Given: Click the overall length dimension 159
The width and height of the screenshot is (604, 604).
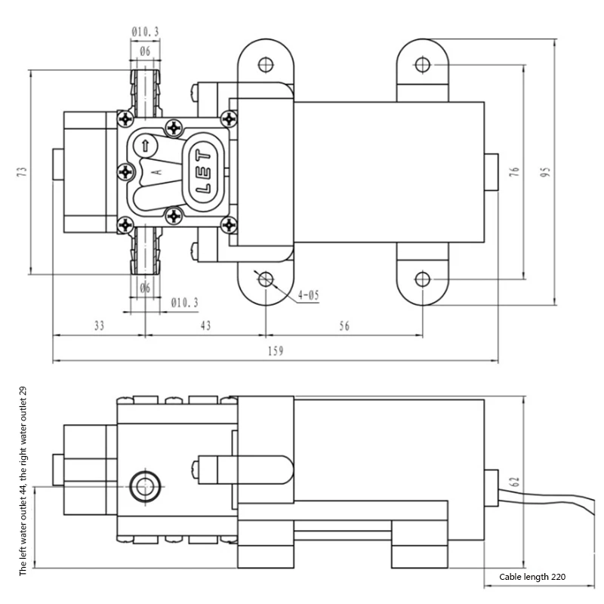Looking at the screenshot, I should (276, 352).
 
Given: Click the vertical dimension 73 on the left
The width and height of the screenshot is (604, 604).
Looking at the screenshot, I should (22, 172).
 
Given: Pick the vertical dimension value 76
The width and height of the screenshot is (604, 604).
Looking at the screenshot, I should (515, 171).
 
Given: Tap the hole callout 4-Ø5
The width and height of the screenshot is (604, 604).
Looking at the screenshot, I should (309, 294).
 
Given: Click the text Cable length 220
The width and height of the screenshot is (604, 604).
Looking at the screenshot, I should (532, 577).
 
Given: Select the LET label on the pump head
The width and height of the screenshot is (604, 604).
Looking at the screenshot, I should (204, 171).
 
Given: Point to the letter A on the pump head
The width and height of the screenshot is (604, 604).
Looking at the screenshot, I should (156, 172).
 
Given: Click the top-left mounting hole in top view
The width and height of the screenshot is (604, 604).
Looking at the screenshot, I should (264, 63).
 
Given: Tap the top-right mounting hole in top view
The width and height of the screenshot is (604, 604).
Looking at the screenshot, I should (423, 63).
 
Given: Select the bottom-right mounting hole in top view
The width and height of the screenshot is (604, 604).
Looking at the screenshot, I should (423, 280).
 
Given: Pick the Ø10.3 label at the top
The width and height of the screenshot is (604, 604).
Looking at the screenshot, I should (144, 31).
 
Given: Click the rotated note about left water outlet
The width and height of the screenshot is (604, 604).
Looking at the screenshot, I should (23, 481).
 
